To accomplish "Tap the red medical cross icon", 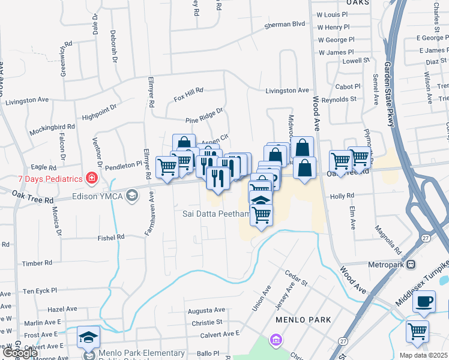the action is [91, 178].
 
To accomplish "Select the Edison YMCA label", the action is [97, 196].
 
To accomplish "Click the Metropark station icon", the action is [411, 264].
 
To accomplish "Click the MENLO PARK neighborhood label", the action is [295, 320].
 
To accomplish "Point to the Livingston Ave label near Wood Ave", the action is [288, 91].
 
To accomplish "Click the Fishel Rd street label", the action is [112, 238].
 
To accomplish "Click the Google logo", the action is [20, 353].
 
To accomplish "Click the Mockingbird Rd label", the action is [54, 127].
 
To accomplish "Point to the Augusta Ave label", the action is [206, 310].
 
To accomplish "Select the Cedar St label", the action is [296, 278].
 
